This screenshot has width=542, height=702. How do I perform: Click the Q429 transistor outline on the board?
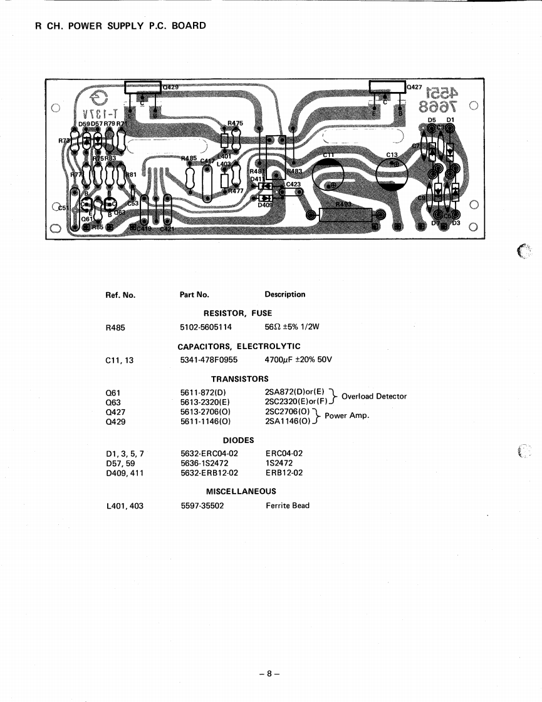pyautogui.click(x=143, y=88)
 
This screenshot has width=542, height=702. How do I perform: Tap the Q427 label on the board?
pyautogui.click(x=415, y=88)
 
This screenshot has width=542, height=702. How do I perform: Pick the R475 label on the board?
pyautogui.click(x=235, y=124)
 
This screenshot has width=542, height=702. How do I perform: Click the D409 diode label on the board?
pyautogui.click(x=265, y=204)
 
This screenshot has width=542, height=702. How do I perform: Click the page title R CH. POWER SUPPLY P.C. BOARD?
pyautogui.click(x=121, y=26)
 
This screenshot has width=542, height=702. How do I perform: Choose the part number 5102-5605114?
pyautogui.click(x=206, y=327)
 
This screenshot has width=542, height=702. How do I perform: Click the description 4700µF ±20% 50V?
pyautogui.click(x=298, y=360)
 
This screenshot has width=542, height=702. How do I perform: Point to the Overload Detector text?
pyautogui.click(x=374, y=396)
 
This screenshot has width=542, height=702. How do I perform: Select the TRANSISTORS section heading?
pyautogui.click(x=239, y=379)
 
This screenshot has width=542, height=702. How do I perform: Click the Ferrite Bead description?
pyautogui.click(x=288, y=506)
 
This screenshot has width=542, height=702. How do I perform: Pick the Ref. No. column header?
pyautogui.click(x=121, y=295)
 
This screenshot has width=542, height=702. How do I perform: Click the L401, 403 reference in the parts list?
pyautogui.click(x=125, y=506)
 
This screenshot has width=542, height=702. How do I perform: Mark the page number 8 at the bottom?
pyautogui.click(x=268, y=674)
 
